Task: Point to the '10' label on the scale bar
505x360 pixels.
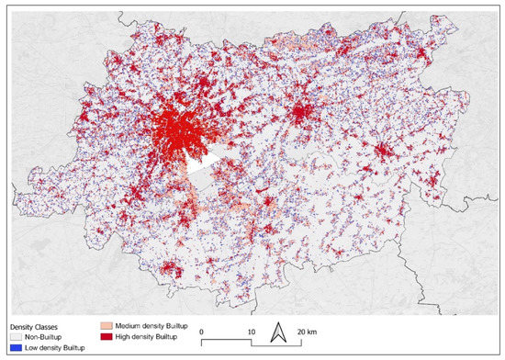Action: click(252, 331)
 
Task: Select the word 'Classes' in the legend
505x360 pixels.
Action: click(48, 326)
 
